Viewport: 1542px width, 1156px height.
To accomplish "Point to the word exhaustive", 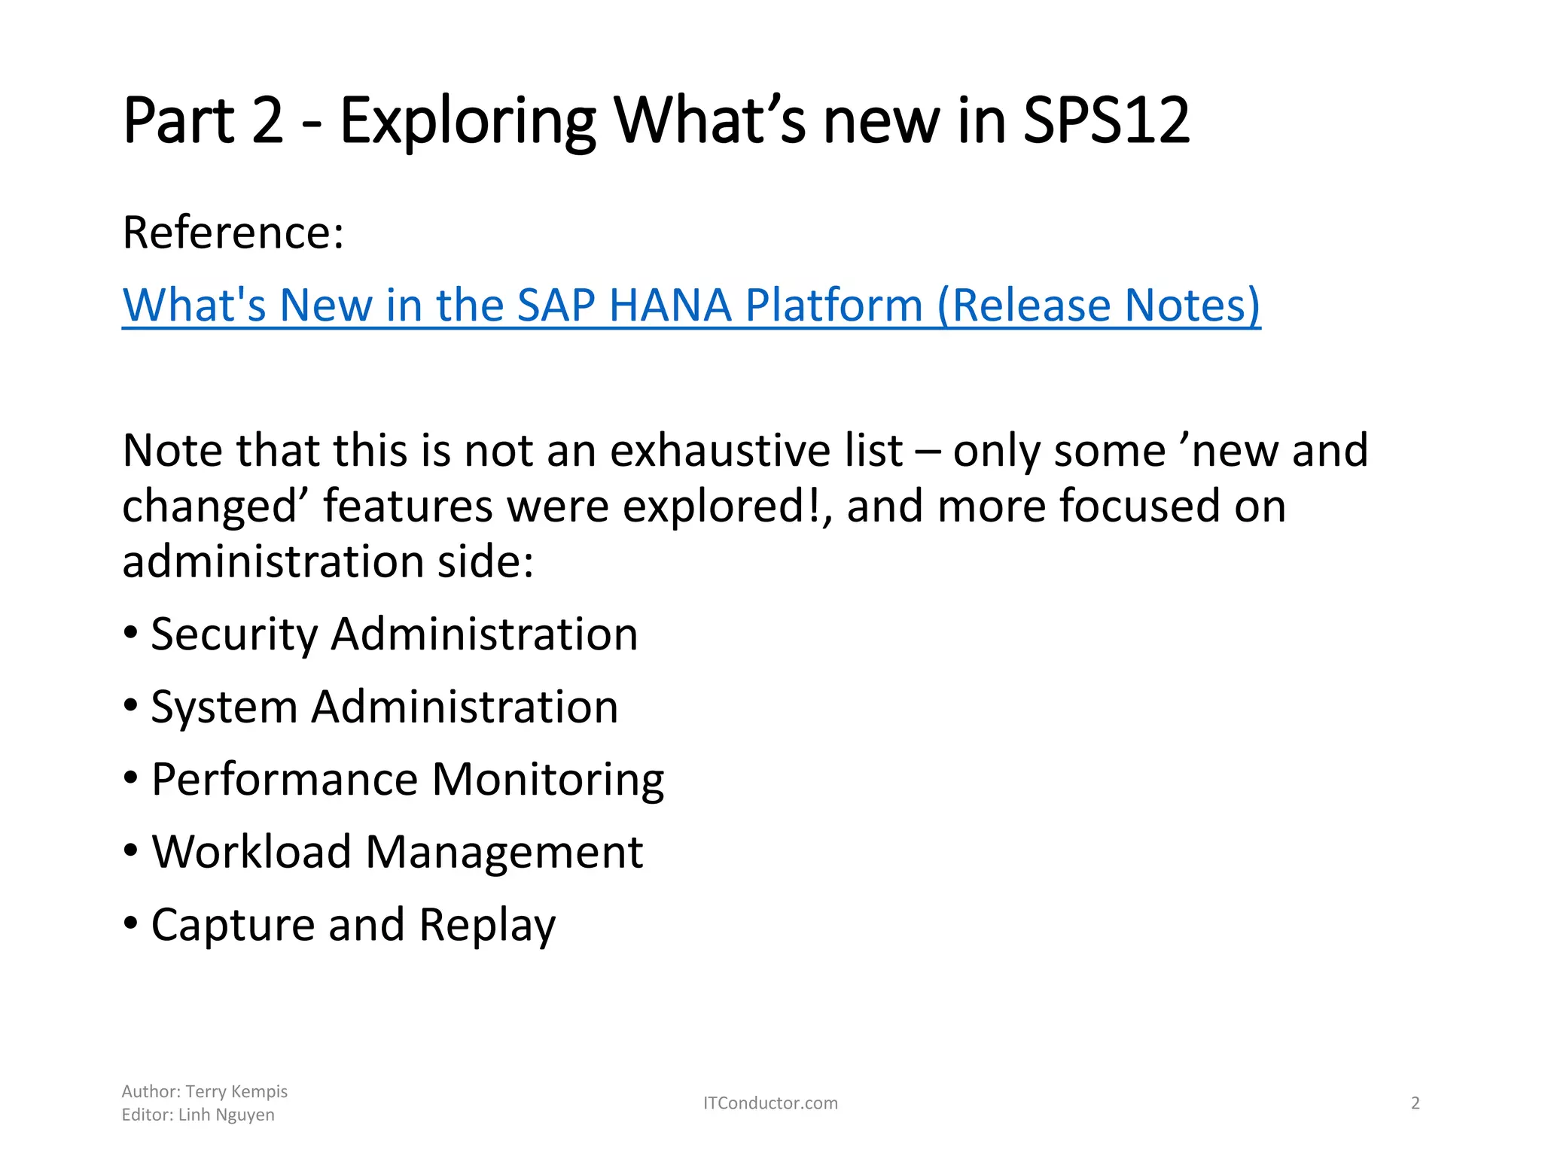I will [756, 451].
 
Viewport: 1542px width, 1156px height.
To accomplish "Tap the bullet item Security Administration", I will [394, 634].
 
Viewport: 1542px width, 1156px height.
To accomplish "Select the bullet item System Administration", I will [384, 707].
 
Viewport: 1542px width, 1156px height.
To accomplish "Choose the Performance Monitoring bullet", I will [407, 779].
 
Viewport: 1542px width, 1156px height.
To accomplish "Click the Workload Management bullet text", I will [397, 852].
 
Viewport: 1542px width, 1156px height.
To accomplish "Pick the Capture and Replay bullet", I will [353, 925].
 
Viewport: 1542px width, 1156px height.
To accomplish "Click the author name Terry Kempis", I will [236, 1091].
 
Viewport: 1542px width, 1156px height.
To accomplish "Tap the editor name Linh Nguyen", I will [226, 1115].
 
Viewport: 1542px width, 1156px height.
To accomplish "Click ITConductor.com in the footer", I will [770, 1103].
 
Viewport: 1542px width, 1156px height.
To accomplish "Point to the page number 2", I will [1415, 1103].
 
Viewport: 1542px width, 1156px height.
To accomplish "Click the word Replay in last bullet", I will [487, 925].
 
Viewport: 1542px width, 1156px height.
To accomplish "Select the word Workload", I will [251, 852].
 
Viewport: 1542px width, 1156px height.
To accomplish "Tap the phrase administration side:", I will [328, 561].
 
